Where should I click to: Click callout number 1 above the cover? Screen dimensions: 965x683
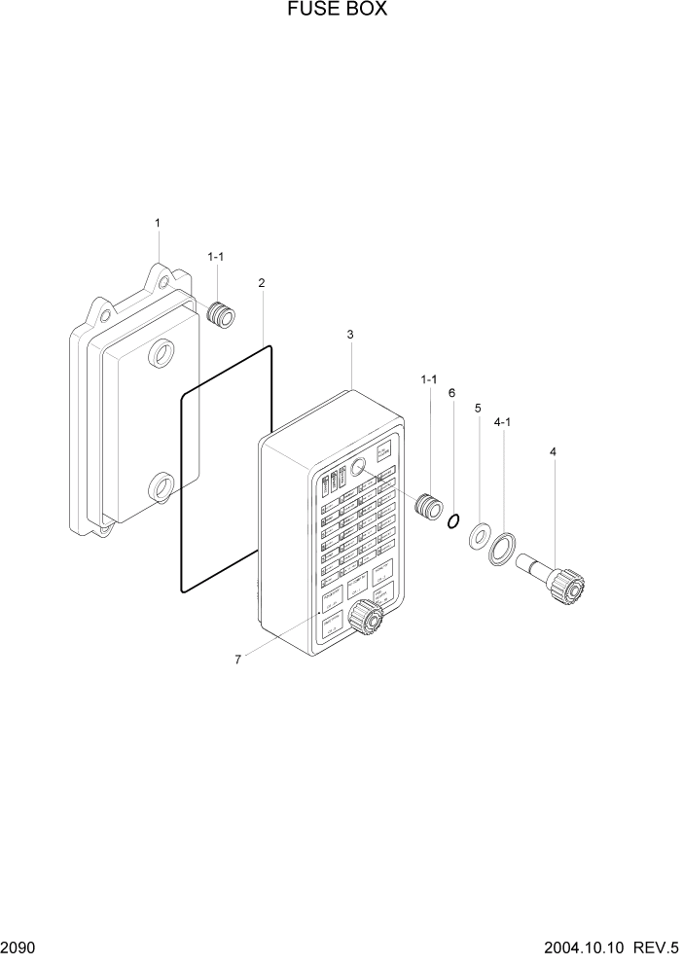point(158,224)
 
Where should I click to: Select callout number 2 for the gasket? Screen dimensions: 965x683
point(262,283)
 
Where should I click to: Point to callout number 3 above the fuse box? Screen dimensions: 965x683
point(350,335)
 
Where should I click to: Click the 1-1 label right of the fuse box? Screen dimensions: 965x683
point(428,379)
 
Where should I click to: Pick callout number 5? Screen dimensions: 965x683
point(478,409)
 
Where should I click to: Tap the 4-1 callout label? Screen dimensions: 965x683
point(504,423)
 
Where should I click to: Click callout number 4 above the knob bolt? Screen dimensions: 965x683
point(553,452)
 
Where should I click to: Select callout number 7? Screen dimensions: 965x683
point(237,660)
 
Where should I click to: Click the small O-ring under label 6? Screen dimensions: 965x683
point(452,522)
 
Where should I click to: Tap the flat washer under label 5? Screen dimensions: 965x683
point(479,535)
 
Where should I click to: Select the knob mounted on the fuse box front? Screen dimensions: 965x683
point(366,615)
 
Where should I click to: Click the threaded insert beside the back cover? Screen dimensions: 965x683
point(222,315)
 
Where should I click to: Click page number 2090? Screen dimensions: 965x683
point(17,947)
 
